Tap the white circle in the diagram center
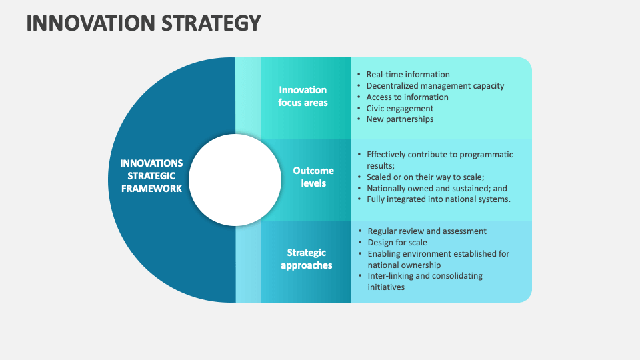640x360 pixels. (235, 179)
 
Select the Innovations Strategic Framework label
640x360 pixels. (151, 176)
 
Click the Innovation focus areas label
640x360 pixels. (303, 96)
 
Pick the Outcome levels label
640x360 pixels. (313, 177)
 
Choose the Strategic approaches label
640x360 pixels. (306, 259)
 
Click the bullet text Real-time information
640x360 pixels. (408, 75)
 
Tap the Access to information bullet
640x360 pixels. (407, 97)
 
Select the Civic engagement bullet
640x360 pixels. (400, 108)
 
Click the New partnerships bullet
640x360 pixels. (400, 119)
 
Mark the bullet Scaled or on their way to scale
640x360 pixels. (425, 177)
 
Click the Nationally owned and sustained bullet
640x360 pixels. (437, 188)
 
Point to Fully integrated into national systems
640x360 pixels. (438, 199)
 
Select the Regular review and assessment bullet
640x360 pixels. (427, 231)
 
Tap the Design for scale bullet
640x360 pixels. (397, 243)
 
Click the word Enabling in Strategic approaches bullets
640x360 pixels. (385, 254)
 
